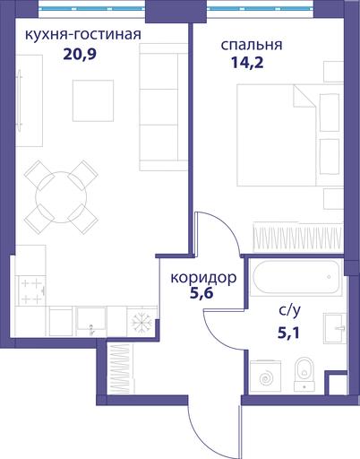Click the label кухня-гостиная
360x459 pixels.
pos(83,35)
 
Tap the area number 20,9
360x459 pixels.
pos(80,55)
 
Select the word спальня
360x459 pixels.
pos(252,45)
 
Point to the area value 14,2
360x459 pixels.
pos(247,63)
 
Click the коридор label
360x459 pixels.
pos(203,278)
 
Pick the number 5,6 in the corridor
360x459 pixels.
pos(201,293)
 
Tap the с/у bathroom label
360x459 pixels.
pos(289,311)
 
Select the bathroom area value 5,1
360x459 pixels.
pos(288,333)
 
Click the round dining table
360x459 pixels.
pos(61,197)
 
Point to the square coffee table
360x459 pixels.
pos(93,100)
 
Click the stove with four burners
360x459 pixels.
pos(31,290)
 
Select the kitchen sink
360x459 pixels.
pos(91,321)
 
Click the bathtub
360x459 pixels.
pos(296,277)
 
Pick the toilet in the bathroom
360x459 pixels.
pos(304,375)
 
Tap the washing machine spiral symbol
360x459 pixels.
pos(266,378)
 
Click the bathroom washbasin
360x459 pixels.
pos(335,328)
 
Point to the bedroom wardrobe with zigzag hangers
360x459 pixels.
pos(297,237)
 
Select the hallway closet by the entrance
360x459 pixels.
pos(121,368)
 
